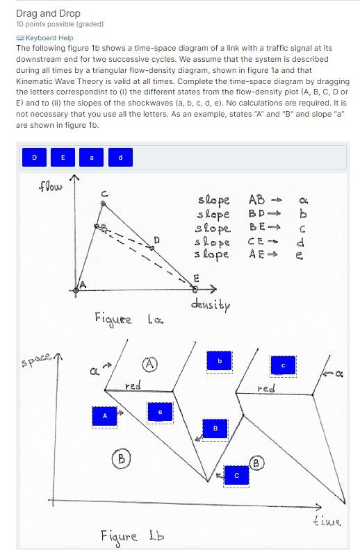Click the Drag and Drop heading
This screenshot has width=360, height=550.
pyautogui.click(x=48, y=13)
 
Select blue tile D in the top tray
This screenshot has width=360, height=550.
pyautogui.click(x=35, y=158)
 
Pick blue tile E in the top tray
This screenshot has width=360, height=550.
pyautogui.click(x=63, y=158)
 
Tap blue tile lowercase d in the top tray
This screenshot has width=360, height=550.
pyautogui.click(x=120, y=158)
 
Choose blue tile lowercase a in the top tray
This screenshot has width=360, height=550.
pyautogui.click(x=92, y=158)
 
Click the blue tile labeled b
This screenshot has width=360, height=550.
pyautogui.click(x=219, y=361)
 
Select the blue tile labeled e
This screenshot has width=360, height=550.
pyautogui.click(x=160, y=412)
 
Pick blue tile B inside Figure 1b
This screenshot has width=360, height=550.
pyautogui.click(x=215, y=428)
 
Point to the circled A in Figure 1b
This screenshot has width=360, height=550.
pyautogui.click(x=149, y=364)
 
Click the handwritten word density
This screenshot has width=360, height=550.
pyautogui.click(x=210, y=305)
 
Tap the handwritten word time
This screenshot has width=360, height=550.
pyautogui.click(x=326, y=520)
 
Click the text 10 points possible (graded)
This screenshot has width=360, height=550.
pyautogui.click(x=60, y=24)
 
